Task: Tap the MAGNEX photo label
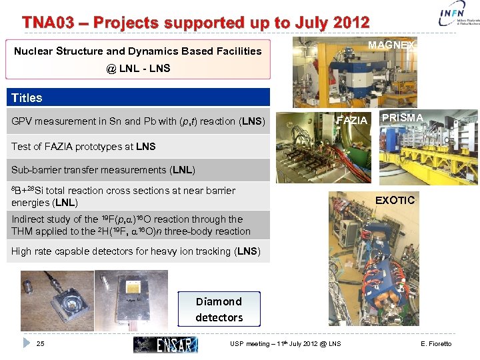(391, 45)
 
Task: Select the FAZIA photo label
(352, 121)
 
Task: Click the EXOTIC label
(395, 200)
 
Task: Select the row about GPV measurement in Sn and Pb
(138, 121)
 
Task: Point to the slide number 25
(40, 344)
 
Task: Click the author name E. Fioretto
(436, 344)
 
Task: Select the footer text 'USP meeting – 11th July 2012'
(285, 344)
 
